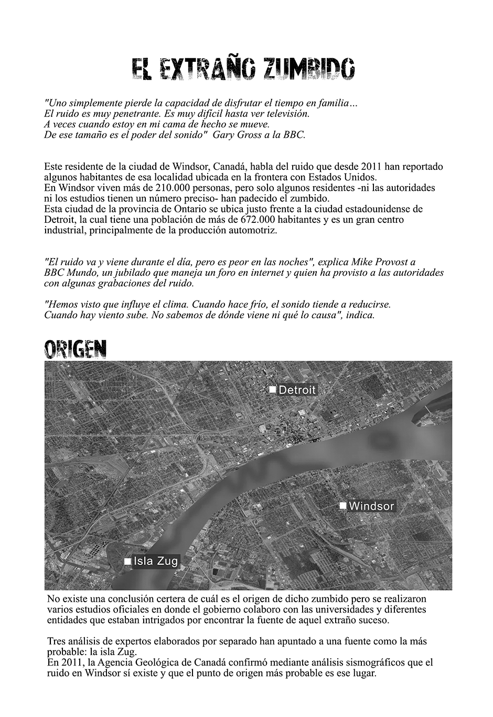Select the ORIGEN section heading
tap(75, 349)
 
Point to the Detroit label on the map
tap(297, 390)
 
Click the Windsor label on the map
tap(371, 506)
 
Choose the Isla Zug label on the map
tap(156, 561)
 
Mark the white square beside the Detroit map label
tap(272, 389)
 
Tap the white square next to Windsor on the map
tap(342, 506)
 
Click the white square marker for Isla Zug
tap(127, 561)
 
